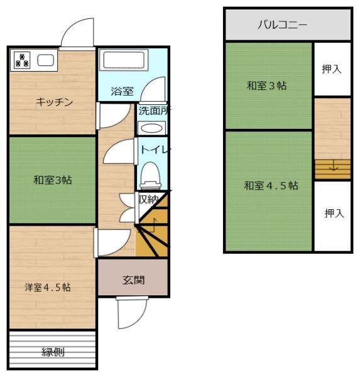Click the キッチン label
tap(55, 102)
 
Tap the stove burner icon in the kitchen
tap(23, 60)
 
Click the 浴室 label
tap(122, 92)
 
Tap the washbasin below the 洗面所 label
tap(151, 128)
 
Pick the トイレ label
tap(154, 150)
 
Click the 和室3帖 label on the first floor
tap(52, 180)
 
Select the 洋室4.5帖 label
tap(47, 287)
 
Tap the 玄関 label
tap(133, 280)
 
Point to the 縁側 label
tap(53, 352)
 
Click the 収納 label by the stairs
tap(148, 199)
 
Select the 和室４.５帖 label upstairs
tap(271, 186)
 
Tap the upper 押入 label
tap(332, 69)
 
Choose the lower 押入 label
tap(334, 214)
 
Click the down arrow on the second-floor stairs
tap(332, 168)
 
